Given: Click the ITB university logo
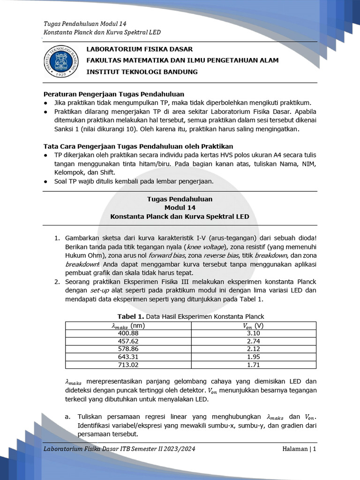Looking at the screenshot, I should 61,61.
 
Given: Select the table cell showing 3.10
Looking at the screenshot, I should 253,333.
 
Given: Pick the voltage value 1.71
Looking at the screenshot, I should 253,365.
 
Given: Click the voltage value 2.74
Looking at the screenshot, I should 253,341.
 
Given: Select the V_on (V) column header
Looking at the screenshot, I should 253,325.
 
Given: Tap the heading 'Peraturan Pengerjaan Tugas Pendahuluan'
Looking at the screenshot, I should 113,94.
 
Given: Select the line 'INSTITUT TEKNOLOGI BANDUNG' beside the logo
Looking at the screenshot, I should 142,72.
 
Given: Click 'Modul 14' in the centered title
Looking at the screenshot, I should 180,208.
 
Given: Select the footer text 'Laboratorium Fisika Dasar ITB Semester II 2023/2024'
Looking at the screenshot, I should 119,449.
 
